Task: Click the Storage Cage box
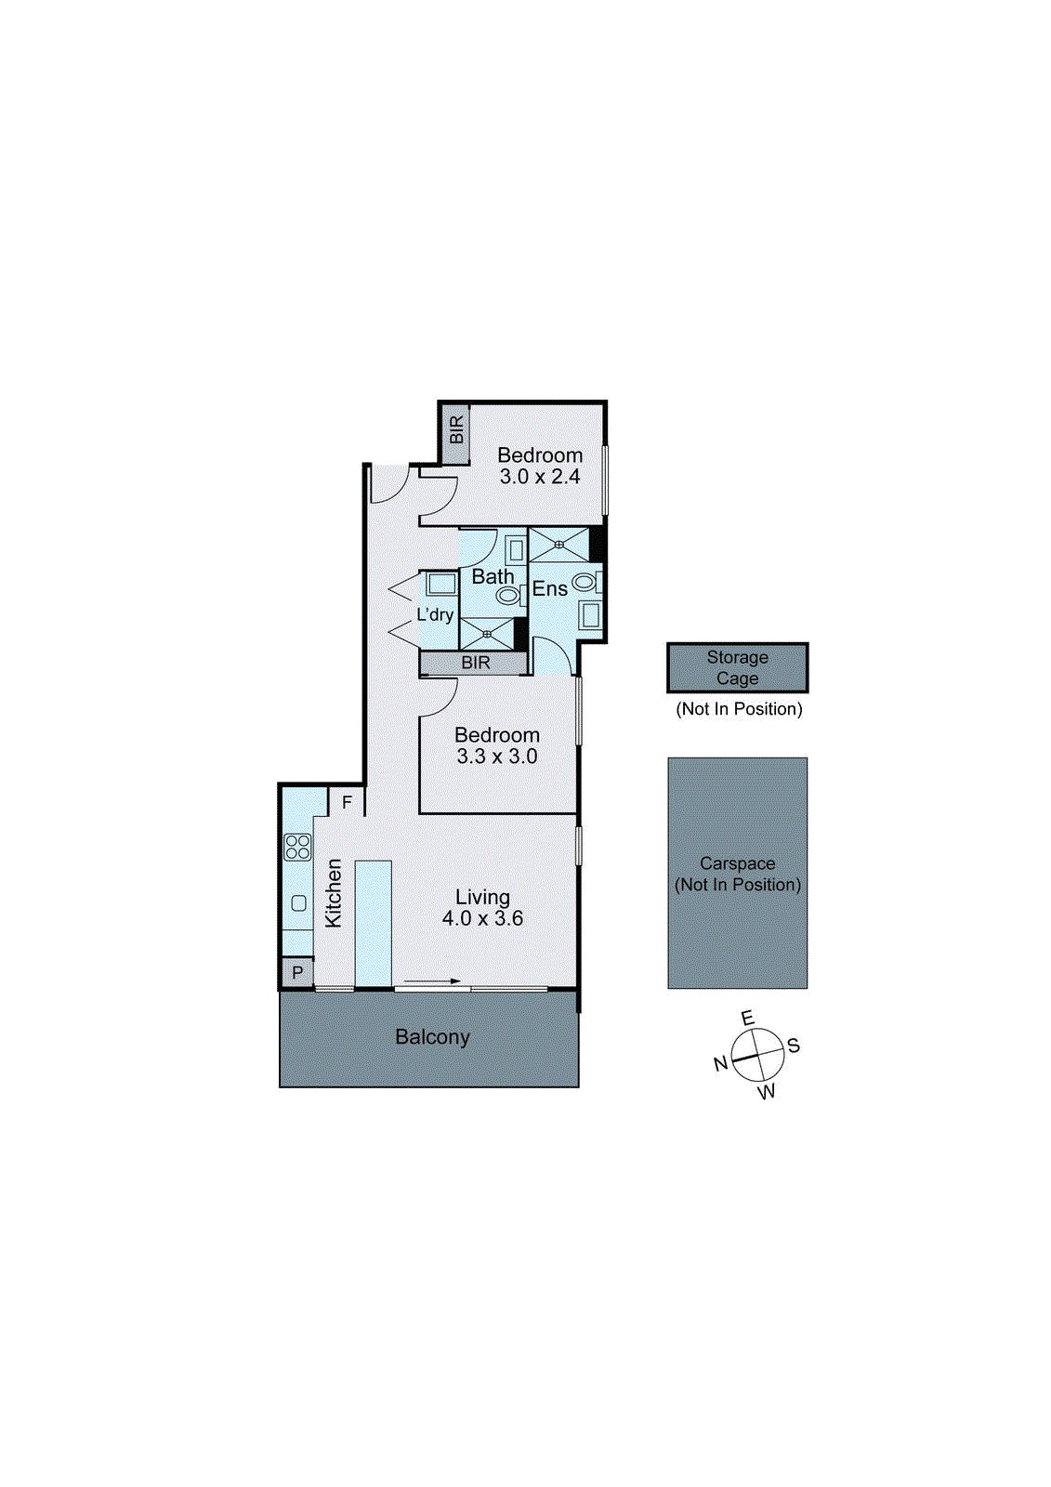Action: (x=737, y=667)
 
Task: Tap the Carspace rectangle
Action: (x=737, y=873)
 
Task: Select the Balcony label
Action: (x=432, y=1037)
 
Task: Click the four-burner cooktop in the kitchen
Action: (x=297, y=847)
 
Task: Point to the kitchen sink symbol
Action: (x=298, y=902)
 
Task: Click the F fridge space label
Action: (x=348, y=801)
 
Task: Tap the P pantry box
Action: (x=297, y=973)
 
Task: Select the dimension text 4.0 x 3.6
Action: (x=482, y=919)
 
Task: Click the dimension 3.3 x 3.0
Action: (x=497, y=757)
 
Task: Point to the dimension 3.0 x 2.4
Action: (x=540, y=478)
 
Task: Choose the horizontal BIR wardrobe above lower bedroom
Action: (x=475, y=663)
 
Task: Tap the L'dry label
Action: (x=435, y=615)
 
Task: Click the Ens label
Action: (x=549, y=589)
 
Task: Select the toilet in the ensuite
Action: (x=585, y=583)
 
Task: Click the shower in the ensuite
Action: (x=559, y=544)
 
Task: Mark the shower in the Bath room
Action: (x=487, y=634)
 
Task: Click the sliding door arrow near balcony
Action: (x=432, y=981)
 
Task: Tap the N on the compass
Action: (x=720, y=1064)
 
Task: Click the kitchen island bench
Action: (x=373, y=923)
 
